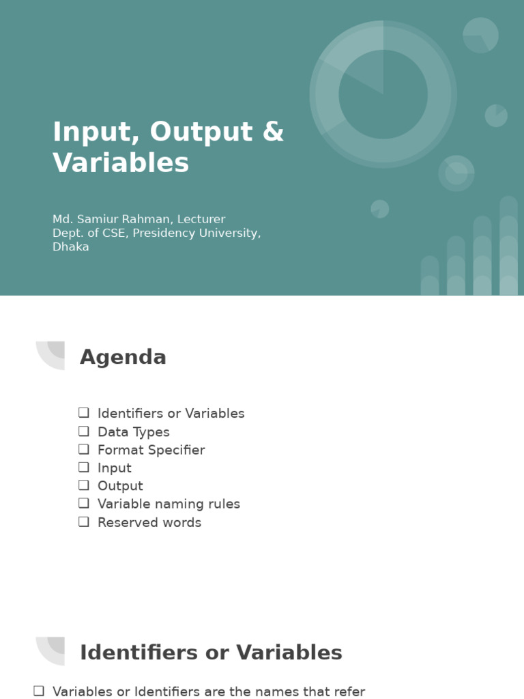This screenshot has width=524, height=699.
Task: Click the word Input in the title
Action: coord(84,132)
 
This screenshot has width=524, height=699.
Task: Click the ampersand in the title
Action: coord(273,132)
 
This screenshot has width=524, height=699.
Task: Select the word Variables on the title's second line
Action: coord(121,163)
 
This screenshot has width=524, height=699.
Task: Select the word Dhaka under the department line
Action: coord(71,247)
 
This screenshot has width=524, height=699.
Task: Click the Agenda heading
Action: coord(123,357)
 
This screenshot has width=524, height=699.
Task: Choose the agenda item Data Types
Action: coord(133,432)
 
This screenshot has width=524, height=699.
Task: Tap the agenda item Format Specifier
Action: coord(151,450)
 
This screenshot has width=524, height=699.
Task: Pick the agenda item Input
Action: coord(115,468)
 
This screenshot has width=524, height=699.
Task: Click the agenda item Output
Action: coord(120,486)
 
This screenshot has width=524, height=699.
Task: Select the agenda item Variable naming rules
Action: coord(169,504)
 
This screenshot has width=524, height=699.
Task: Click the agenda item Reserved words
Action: coord(149,523)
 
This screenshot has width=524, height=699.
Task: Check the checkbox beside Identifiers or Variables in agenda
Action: coord(84,413)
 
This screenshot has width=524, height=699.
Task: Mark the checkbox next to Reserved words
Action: coord(84,522)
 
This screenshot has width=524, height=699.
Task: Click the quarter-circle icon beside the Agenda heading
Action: coord(52,354)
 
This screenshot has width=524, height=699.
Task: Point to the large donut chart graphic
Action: coord(383,94)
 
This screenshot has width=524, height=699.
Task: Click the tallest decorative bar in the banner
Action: coord(508,246)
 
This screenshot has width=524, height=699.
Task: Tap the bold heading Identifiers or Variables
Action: coord(211,653)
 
